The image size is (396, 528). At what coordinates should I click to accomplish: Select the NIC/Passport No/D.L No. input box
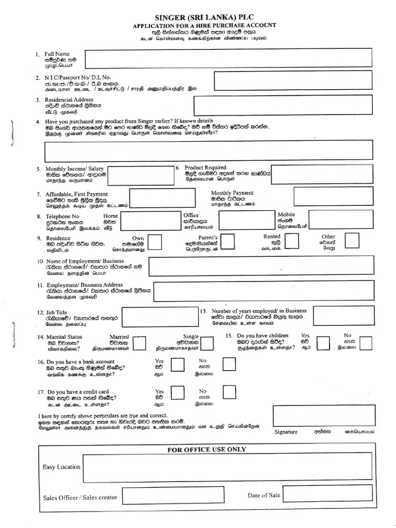(293, 80)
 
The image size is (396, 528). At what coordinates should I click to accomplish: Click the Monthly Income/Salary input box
(139, 175)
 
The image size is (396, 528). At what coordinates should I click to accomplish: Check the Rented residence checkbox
(292, 240)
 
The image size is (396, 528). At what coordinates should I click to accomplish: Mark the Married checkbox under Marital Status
(138, 343)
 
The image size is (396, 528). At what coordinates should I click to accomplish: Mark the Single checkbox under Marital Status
(207, 343)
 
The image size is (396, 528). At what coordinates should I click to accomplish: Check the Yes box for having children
(323, 342)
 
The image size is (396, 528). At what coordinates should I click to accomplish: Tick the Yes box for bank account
(177, 365)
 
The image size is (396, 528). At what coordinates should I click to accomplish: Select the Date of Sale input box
(327, 494)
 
